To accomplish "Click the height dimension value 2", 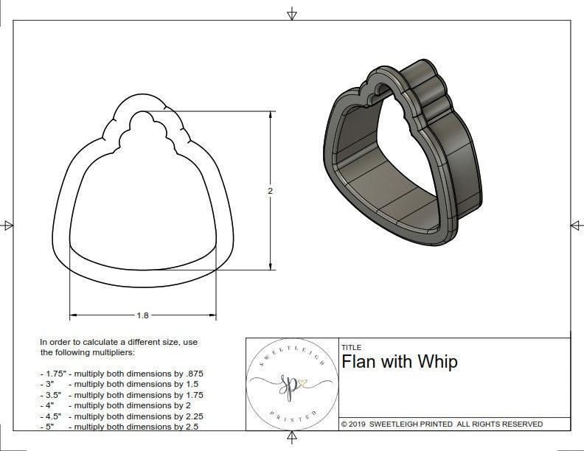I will click(271, 191).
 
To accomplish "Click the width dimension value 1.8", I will click(142, 315).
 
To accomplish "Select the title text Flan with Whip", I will click(399, 362).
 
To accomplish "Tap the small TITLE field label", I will click(351, 348).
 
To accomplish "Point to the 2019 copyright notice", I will click(442, 424).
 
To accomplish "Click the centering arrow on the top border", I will click(292, 13).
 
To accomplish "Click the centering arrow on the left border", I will click(8, 225).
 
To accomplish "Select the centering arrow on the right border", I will click(576, 225).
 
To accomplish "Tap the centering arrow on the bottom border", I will click(292, 440).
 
